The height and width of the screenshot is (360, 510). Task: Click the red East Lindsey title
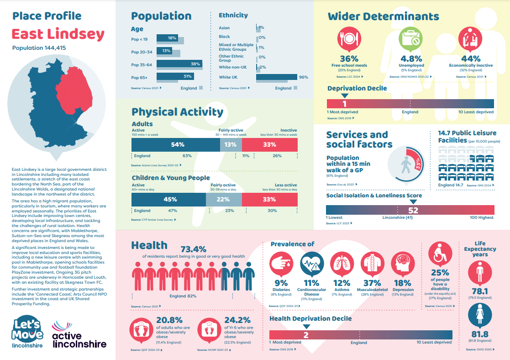[58, 34]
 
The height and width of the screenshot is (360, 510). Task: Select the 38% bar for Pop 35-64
[179, 64]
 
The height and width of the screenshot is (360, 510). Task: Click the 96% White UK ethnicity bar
[276, 77]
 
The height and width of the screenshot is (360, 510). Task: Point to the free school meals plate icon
[349, 39]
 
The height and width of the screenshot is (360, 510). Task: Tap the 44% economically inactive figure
[470, 58]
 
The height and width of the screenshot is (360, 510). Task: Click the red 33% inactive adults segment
[269, 145]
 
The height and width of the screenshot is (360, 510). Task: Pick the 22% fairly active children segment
[223, 200]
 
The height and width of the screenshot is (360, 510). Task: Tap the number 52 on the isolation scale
[413, 210]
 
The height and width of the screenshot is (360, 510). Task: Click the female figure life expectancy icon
[479, 316]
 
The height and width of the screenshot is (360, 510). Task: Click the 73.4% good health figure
[193, 249]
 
